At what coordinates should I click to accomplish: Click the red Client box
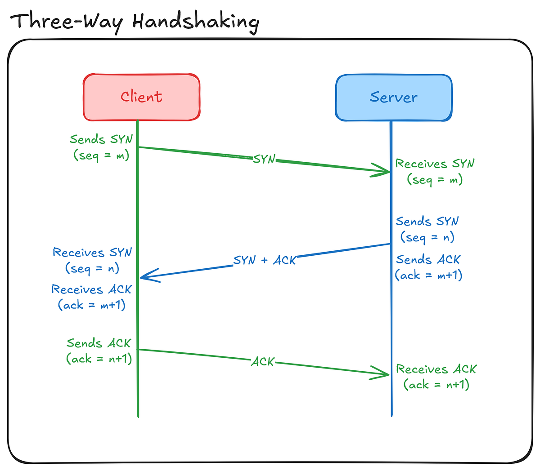[141, 98]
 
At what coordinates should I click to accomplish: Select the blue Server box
[393, 98]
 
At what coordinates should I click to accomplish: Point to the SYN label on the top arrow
[264, 159]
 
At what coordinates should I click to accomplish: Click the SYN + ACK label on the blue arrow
[265, 261]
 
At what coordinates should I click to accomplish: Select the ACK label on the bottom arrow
[262, 362]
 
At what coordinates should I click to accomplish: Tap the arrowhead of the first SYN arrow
[385, 172]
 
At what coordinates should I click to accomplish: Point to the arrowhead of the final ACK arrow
[385, 374]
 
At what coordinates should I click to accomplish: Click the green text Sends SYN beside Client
[101, 140]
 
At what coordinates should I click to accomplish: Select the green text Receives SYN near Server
[435, 164]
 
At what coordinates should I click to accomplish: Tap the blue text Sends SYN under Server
[427, 222]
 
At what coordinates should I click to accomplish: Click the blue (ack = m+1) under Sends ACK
[428, 275]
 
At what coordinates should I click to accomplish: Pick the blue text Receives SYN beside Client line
[92, 253]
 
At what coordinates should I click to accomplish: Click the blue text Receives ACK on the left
[91, 289]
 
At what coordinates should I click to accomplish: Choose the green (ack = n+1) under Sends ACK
[99, 359]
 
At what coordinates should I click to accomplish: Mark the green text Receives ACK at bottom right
[436, 369]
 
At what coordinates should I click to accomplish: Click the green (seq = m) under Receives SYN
[435, 180]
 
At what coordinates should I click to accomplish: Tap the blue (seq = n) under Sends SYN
[427, 237]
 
